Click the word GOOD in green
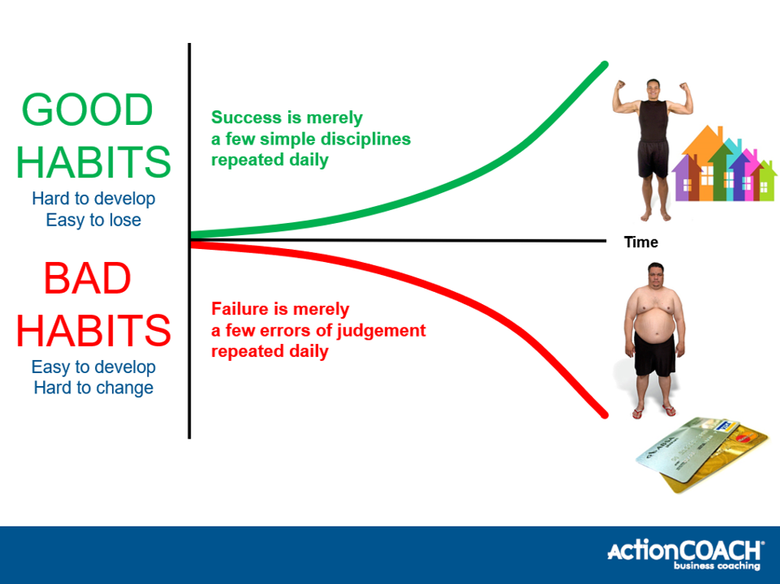coord(87,109)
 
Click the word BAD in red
coord(87,278)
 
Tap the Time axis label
coord(640,242)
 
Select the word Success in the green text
coord(246,118)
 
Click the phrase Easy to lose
coord(93,220)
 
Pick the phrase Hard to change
coord(93,388)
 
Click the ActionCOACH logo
coord(685,554)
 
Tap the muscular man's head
coord(653,89)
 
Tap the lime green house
coord(766,182)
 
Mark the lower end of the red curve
coord(605,414)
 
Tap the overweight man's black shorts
coord(655,354)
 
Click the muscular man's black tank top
coord(653,122)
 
